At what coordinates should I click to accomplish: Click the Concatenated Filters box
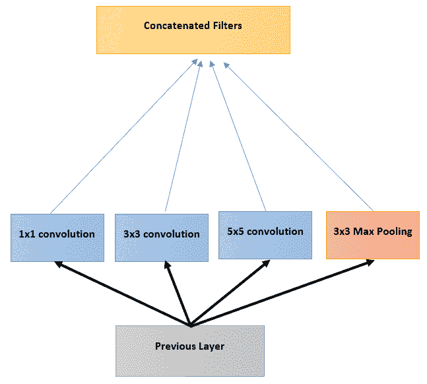(193, 30)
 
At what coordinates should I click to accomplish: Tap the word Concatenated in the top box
(177, 26)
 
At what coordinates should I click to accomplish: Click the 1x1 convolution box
(57, 238)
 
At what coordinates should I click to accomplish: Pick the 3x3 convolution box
(162, 238)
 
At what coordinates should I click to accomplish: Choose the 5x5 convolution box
(265, 235)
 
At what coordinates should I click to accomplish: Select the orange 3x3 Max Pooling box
(373, 235)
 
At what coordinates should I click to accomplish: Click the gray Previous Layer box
(190, 351)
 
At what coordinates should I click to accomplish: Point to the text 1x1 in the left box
(27, 234)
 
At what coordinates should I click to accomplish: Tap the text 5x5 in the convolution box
(236, 231)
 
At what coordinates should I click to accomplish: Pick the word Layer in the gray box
(211, 346)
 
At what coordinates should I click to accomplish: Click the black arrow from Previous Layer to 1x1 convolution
(123, 294)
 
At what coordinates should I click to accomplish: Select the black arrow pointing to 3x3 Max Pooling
(282, 293)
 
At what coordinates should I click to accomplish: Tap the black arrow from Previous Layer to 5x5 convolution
(230, 293)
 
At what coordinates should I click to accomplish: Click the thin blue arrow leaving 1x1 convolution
(124, 136)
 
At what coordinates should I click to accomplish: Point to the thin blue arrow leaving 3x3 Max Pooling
(298, 137)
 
